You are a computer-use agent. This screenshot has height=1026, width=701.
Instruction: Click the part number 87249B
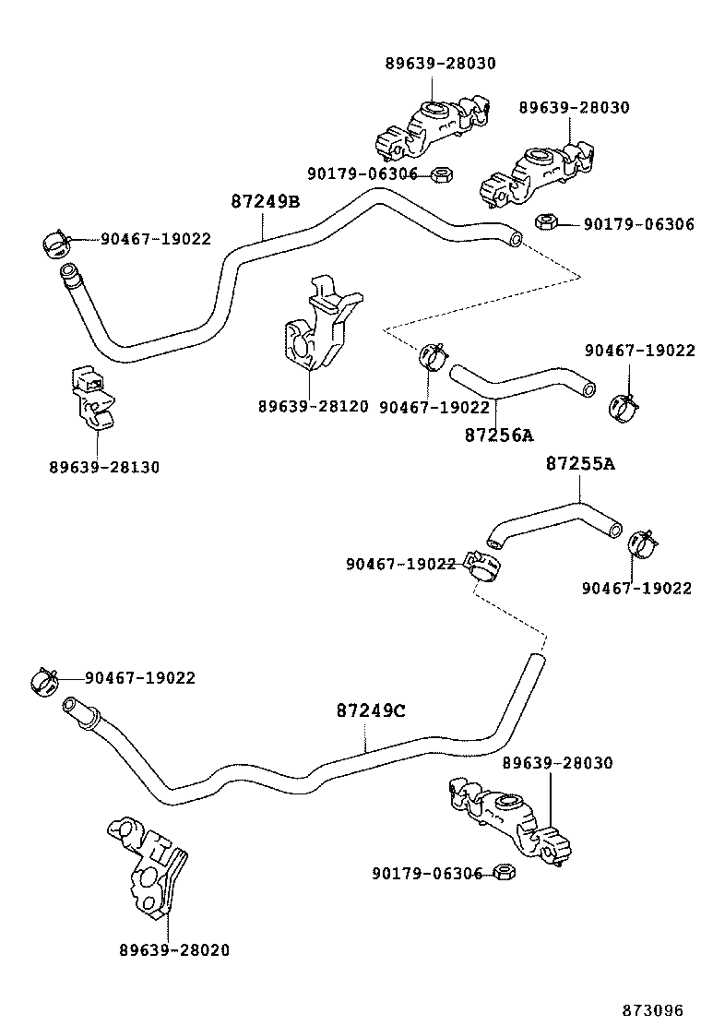point(265,202)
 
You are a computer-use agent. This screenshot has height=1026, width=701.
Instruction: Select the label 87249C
point(371,711)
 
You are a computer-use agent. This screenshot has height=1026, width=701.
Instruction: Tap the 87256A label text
point(499,435)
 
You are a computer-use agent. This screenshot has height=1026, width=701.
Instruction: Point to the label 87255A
point(579,464)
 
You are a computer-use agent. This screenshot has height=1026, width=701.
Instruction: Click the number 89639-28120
point(313,407)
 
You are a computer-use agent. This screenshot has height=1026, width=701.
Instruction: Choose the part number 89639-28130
point(104,468)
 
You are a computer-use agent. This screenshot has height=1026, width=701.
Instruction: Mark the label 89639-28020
point(174,950)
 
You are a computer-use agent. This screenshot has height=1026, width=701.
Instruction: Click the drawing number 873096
point(658,1009)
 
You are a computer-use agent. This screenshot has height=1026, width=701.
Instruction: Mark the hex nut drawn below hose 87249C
point(504,872)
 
